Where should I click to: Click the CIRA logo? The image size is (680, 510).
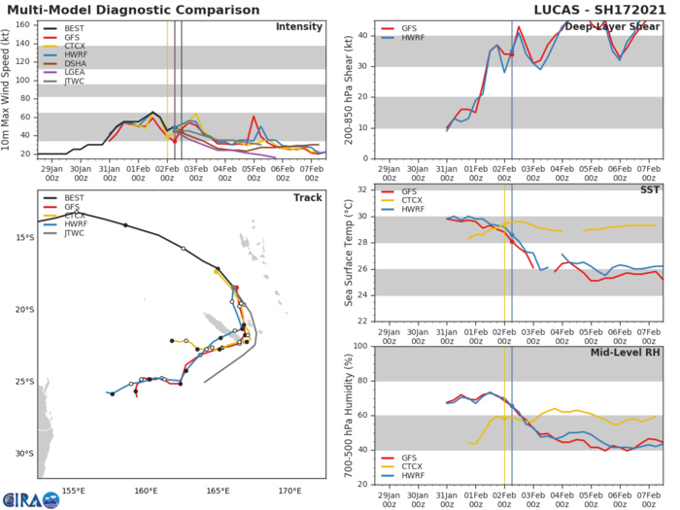click(x=30, y=497)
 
